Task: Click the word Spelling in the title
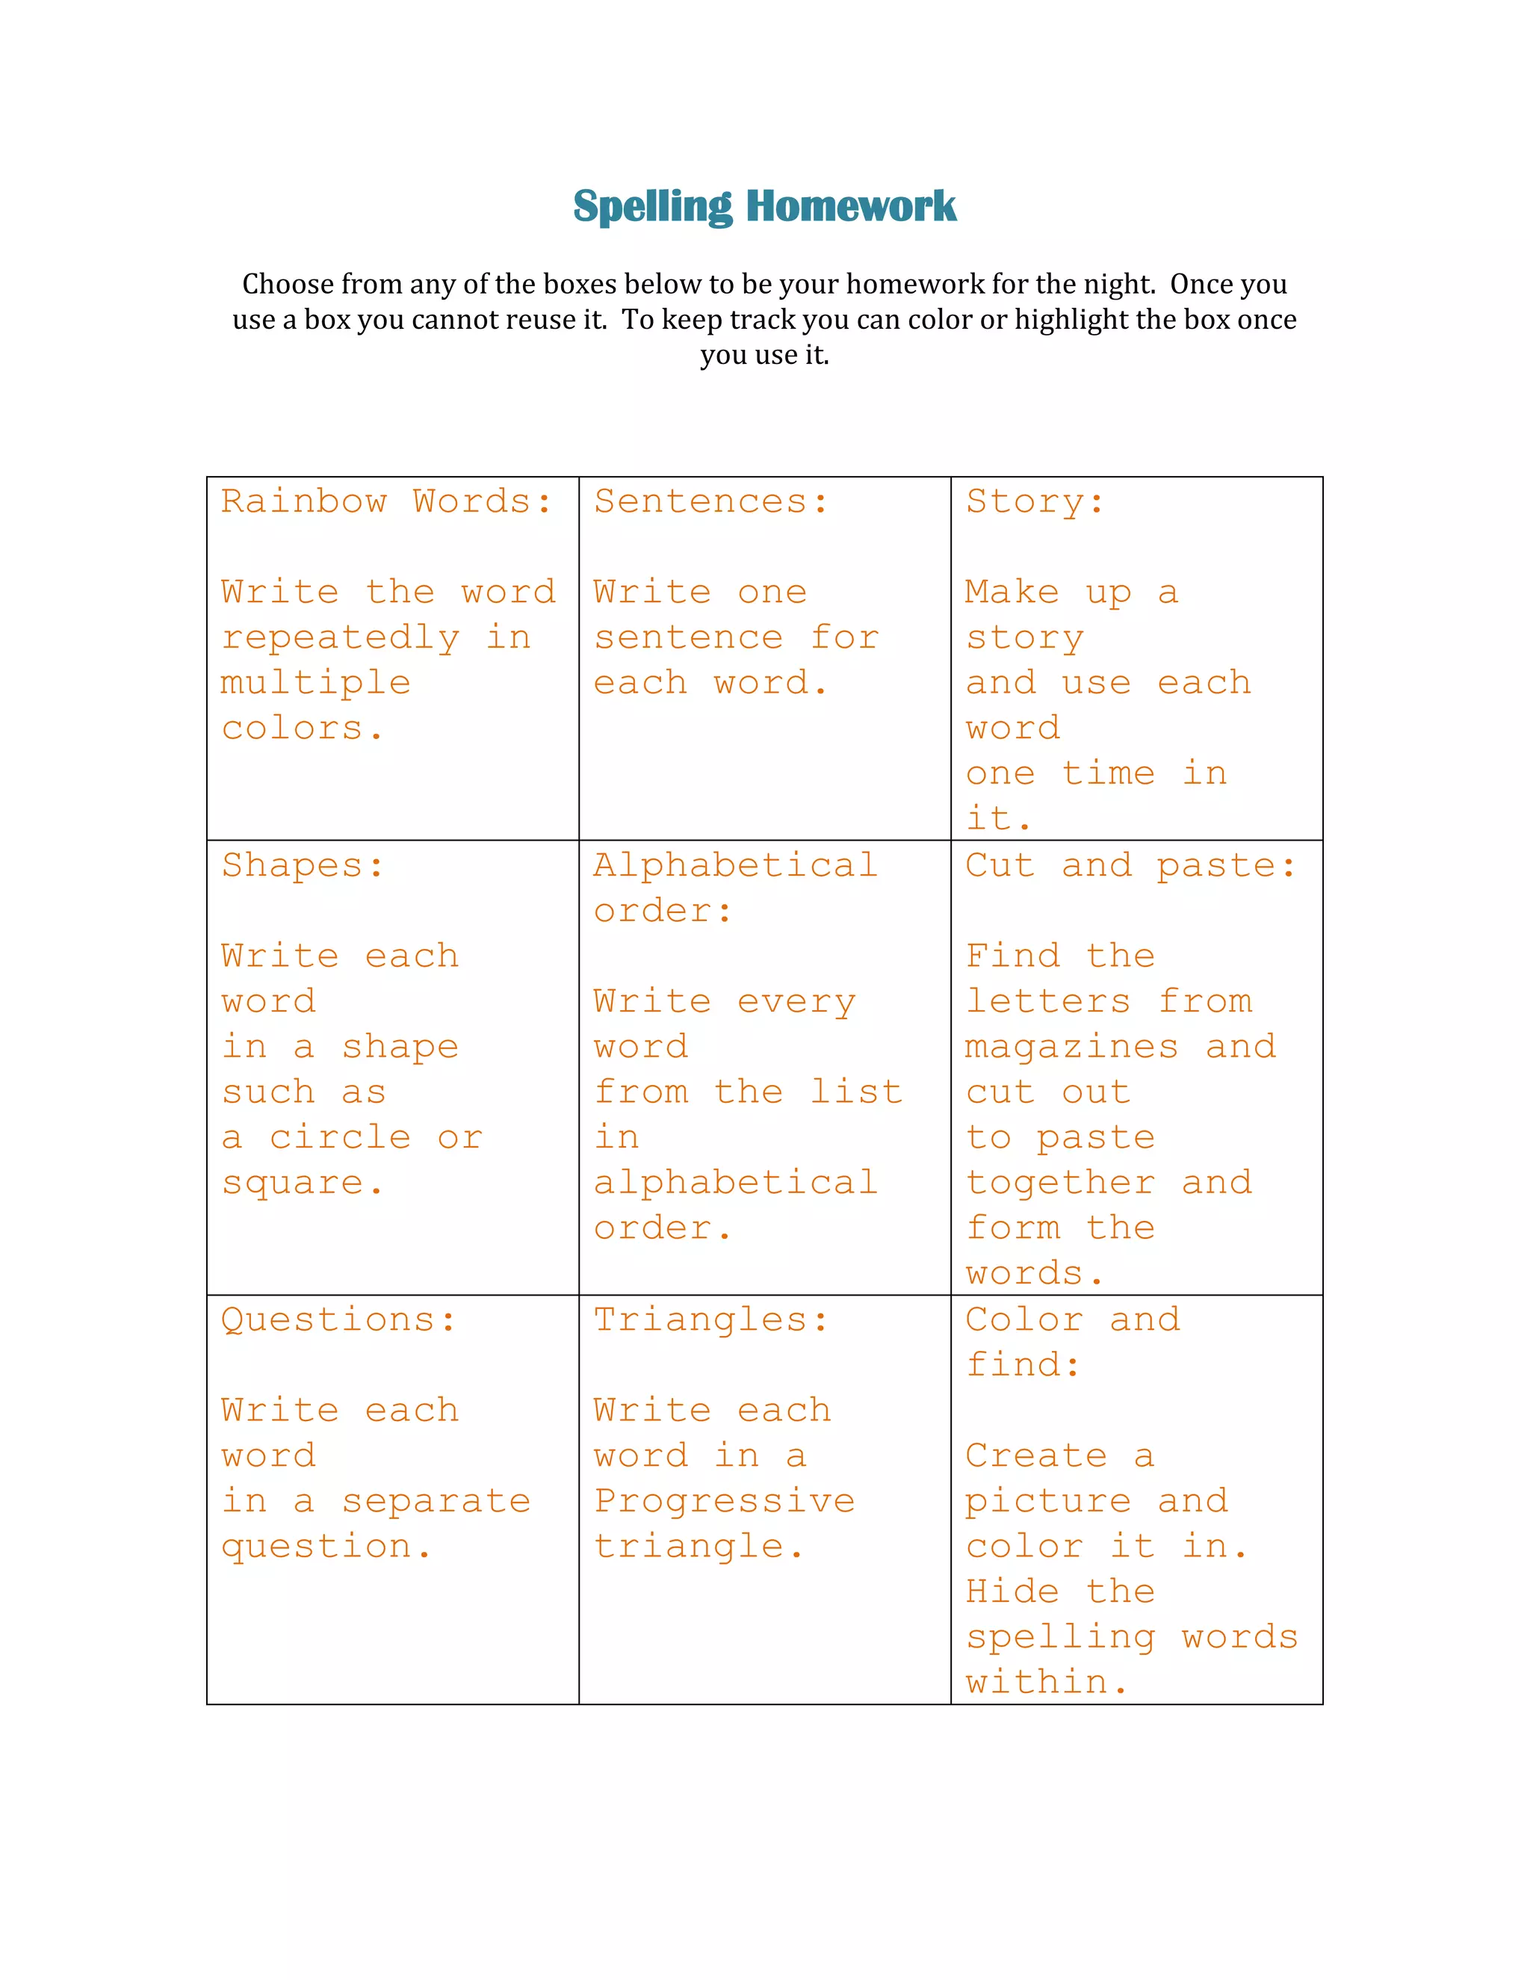click(x=653, y=207)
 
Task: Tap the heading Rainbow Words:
click(x=386, y=501)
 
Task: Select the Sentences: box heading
click(x=711, y=501)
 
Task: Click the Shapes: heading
click(x=303, y=866)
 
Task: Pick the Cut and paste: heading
click(x=1130, y=866)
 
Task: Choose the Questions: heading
click(x=338, y=1320)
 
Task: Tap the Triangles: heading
click(x=711, y=1320)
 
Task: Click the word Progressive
click(x=724, y=1500)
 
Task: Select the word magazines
click(x=1071, y=1047)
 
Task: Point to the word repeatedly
click(x=341, y=638)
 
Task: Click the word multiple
click(x=315, y=683)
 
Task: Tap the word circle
click(x=340, y=1138)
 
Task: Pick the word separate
click(x=436, y=1500)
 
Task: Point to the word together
click(x=1061, y=1183)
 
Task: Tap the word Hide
click(x=1012, y=1592)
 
